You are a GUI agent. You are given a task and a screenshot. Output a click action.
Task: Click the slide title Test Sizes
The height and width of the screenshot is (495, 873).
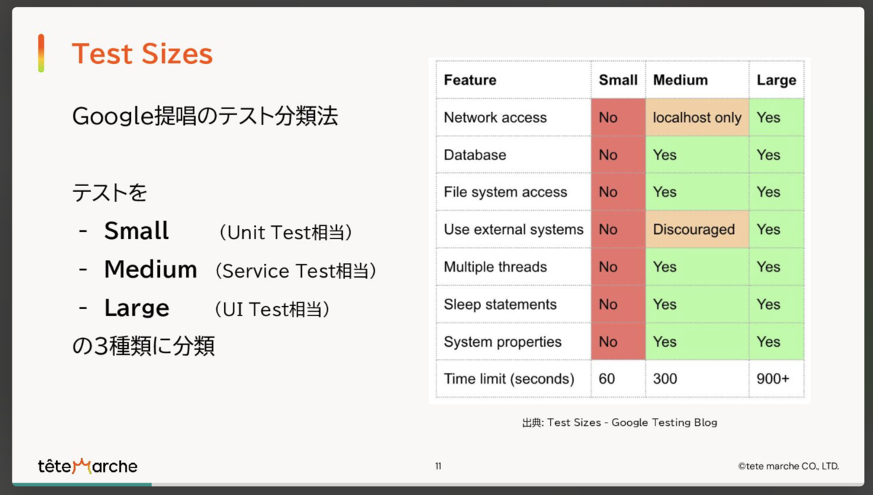pos(143,53)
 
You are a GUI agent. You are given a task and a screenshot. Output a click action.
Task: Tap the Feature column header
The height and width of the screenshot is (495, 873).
pos(470,80)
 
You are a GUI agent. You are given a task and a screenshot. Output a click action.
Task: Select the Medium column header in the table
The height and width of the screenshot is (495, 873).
pos(680,80)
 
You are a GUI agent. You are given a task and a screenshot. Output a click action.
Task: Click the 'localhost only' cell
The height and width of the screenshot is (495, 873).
pos(697,117)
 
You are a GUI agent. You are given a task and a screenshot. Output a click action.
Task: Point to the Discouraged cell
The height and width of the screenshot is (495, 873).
pos(697,230)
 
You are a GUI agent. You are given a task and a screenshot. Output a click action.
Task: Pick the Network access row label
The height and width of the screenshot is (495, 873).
pos(495,117)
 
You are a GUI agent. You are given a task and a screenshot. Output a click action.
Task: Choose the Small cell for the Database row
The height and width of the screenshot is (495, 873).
pos(618,155)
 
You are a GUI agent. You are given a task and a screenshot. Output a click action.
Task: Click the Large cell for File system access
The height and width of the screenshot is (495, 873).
pos(776,192)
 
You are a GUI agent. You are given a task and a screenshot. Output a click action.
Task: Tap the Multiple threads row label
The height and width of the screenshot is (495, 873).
pos(495,267)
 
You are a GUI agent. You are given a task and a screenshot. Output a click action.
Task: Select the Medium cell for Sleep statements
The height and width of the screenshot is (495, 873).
pos(697,304)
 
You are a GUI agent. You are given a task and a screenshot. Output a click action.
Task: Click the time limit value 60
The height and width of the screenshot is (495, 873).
pos(607,379)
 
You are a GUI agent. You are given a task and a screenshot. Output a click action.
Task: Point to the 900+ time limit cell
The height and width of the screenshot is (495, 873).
pos(773,379)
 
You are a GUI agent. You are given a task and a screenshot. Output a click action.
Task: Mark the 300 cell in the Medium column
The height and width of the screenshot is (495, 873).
pos(665,379)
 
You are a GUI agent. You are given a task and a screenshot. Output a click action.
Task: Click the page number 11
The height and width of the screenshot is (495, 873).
pos(439,466)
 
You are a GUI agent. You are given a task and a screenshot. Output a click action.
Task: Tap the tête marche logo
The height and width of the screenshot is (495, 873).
pos(87,466)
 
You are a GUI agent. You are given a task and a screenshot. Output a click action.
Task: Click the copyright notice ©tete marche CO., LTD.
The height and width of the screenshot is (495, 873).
pos(789,466)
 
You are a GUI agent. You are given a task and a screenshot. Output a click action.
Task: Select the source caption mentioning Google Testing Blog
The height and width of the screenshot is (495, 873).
pos(620,422)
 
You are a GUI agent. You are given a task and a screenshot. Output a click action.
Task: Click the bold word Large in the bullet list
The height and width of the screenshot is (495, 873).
pos(137,308)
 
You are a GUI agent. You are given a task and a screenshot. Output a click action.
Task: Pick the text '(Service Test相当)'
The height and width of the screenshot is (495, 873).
pos(296,270)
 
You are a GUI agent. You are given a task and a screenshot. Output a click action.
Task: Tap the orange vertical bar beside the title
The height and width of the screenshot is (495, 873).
pos(41,53)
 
